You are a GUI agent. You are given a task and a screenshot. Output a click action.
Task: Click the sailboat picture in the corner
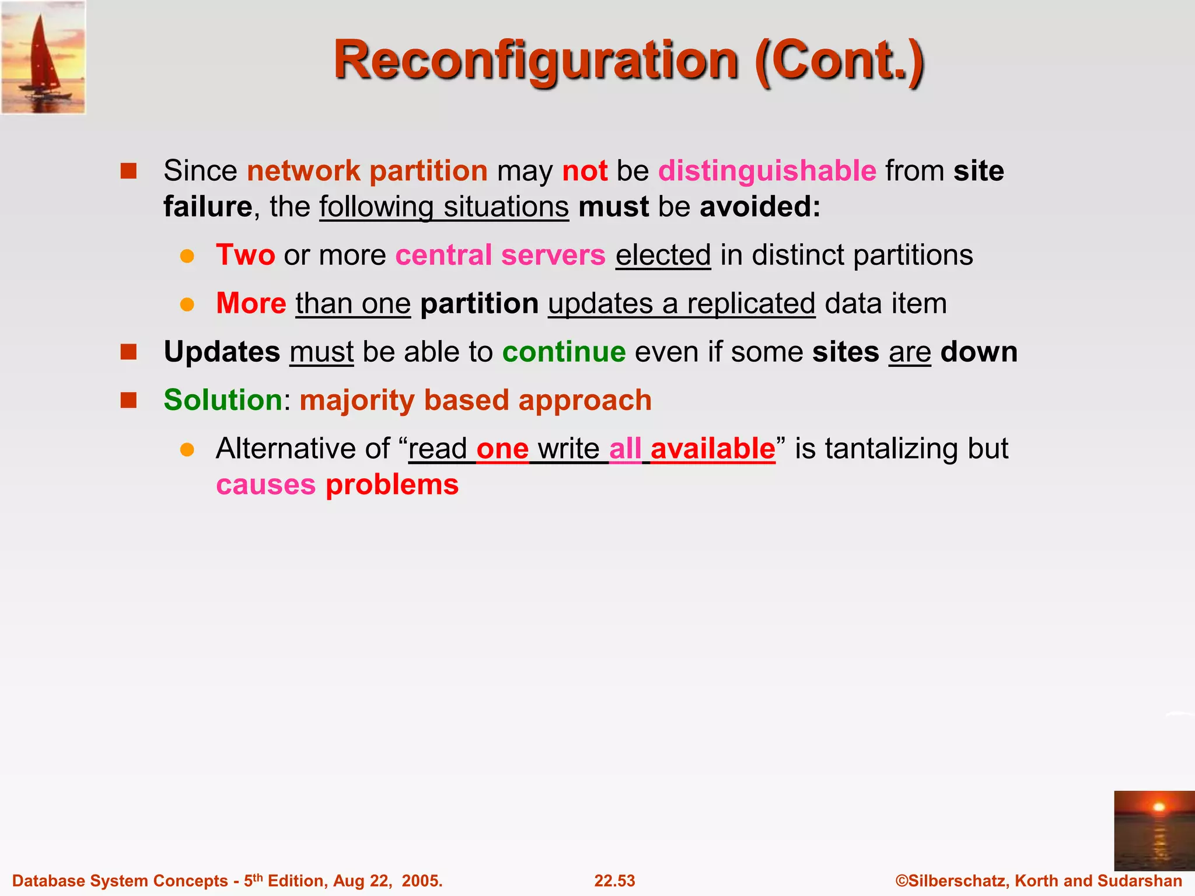44,57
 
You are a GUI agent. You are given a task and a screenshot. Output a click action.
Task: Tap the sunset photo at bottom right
1154,831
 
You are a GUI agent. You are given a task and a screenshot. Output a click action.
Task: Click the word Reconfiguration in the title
536,61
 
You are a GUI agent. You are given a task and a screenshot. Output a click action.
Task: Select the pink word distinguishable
767,171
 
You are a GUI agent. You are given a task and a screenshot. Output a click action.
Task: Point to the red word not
585,171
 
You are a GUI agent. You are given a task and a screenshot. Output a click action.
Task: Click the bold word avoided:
760,207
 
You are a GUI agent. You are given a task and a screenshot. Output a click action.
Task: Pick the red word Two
246,256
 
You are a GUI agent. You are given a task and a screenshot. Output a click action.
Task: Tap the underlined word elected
663,256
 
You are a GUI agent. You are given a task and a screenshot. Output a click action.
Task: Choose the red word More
251,304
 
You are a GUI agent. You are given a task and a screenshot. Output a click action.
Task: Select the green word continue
564,352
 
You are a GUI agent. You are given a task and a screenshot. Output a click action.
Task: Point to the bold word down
979,352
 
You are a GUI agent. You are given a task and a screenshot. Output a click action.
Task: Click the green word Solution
223,401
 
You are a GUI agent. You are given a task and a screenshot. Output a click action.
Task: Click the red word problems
392,485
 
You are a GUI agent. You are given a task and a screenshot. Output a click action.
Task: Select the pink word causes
265,485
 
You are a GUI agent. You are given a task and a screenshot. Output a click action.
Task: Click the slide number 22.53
614,881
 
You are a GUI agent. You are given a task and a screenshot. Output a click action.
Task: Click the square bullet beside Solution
128,400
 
